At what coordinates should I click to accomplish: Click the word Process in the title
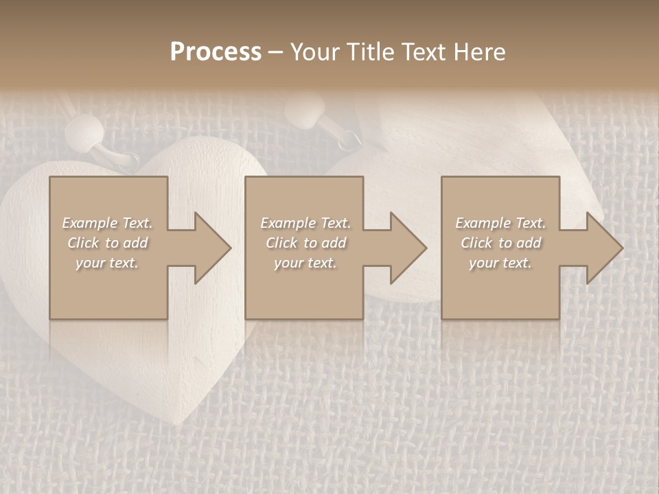(216, 52)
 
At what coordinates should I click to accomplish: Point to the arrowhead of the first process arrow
(213, 248)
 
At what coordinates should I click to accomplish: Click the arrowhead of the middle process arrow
(409, 248)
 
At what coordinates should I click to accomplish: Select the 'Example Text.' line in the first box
(107, 223)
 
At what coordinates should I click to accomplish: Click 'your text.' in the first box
(107, 263)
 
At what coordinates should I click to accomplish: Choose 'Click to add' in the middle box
(305, 243)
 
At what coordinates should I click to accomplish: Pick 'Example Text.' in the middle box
(305, 223)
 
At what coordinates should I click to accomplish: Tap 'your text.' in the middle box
(305, 263)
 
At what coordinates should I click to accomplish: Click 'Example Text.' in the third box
(500, 223)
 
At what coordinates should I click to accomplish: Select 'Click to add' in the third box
(500, 243)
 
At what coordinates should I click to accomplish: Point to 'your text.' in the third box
(500, 263)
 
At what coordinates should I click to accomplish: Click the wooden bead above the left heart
(89, 130)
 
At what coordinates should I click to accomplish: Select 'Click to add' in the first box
(107, 243)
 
